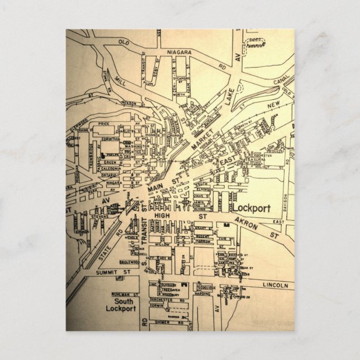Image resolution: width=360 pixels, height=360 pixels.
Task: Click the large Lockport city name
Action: [251, 209]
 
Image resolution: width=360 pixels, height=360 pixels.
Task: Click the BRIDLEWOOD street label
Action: [130, 261]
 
